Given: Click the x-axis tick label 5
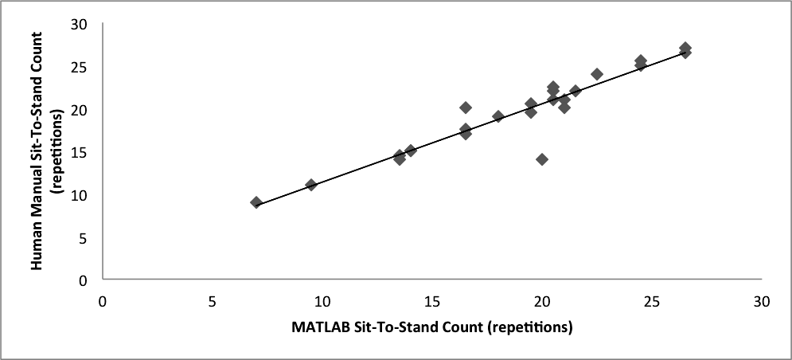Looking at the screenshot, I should click(x=212, y=303).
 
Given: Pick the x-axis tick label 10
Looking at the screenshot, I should click(x=322, y=303).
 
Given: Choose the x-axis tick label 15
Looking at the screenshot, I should click(x=431, y=303).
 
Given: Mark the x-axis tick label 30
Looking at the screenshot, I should click(x=762, y=303).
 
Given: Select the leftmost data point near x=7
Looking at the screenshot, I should click(x=256, y=202).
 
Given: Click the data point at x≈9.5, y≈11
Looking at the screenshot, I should click(x=311, y=185).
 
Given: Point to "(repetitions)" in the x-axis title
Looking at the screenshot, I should click(x=529, y=327).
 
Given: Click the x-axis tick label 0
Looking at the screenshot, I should click(x=102, y=303).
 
